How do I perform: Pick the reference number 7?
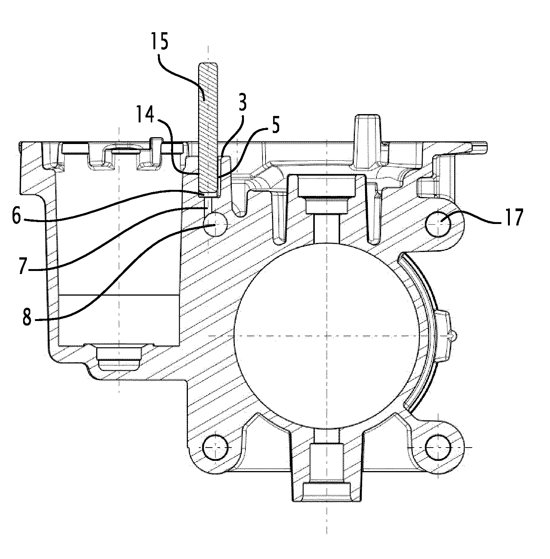(x=23, y=267)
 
